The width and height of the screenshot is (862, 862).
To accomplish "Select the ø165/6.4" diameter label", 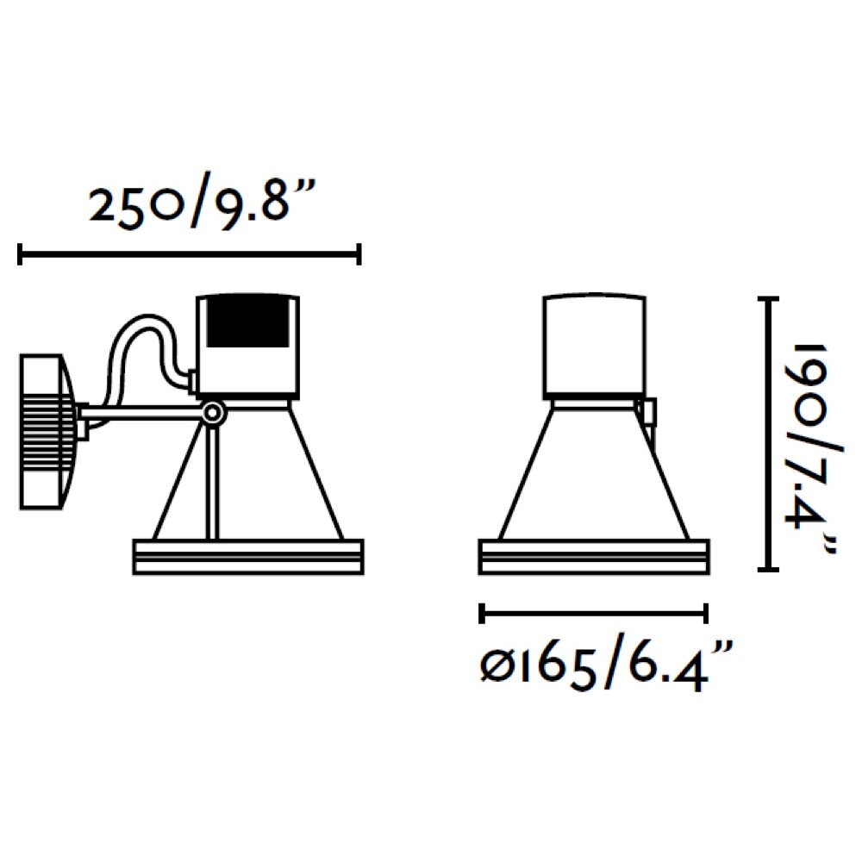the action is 606,665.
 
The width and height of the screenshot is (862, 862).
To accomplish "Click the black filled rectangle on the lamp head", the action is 247,322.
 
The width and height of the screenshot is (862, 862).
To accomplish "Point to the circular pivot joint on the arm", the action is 213,412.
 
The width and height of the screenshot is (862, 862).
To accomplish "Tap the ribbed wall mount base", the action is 48,432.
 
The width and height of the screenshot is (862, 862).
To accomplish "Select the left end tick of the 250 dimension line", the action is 21,254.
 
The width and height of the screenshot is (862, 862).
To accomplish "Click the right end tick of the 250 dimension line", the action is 359,254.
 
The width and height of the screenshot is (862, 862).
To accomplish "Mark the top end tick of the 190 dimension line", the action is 768,299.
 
